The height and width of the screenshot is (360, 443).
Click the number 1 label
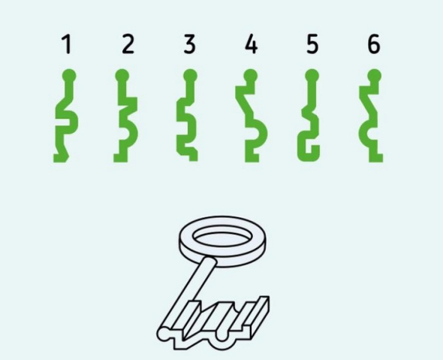[66, 44]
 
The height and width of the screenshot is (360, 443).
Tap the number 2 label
[128, 44]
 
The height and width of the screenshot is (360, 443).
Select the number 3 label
[189, 44]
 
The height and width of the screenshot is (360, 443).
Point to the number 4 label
[252, 44]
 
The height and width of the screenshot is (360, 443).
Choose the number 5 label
[312, 44]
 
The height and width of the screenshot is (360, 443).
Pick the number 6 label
[374, 44]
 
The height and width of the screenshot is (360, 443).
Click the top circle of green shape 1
[69, 76]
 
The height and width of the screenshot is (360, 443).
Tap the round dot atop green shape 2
[122, 76]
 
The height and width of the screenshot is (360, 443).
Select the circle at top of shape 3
[190, 76]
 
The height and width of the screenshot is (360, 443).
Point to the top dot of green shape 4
[250, 76]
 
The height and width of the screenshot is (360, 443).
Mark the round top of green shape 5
[312, 76]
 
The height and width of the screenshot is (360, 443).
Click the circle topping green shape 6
[375, 76]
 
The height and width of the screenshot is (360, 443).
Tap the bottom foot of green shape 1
[61, 158]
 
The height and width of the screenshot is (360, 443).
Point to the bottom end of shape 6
[376, 158]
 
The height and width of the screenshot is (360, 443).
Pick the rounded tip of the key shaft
[163, 334]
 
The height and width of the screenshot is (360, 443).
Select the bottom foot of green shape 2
[120, 158]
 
